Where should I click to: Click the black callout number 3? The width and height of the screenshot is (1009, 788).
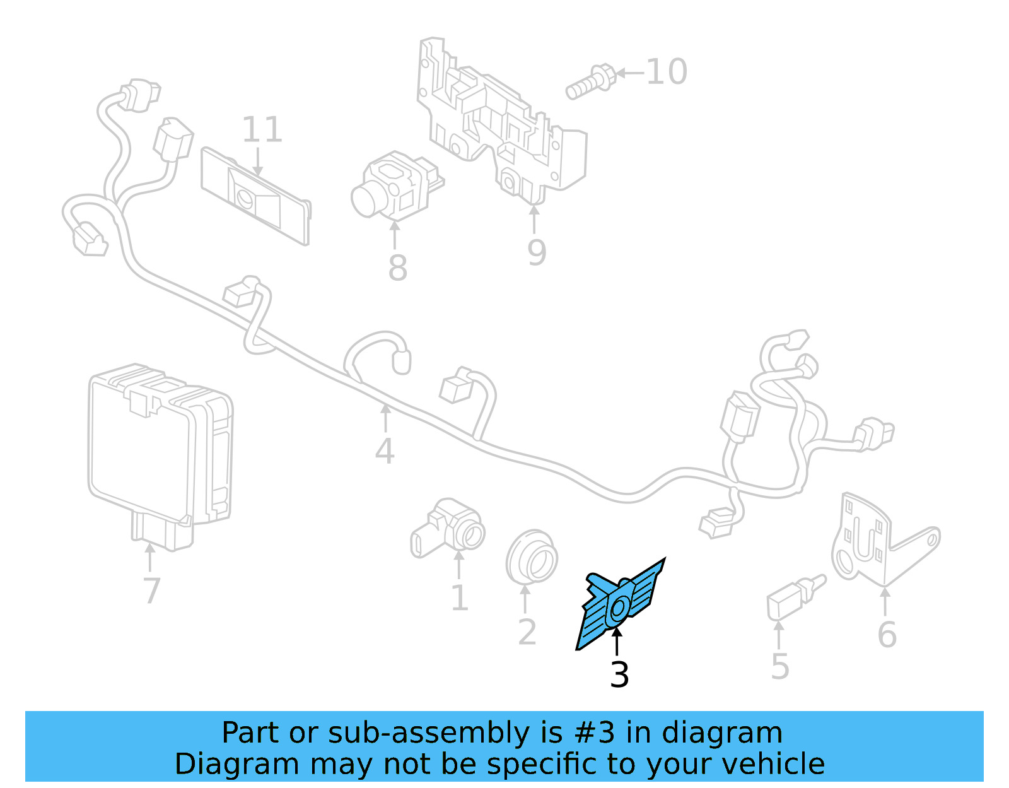(x=619, y=675)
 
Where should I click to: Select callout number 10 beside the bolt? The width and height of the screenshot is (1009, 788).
(x=667, y=72)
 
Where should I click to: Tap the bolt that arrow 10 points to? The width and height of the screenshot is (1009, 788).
(x=589, y=83)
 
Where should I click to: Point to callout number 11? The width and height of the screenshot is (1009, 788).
(x=262, y=130)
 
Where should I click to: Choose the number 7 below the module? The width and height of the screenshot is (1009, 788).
(x=151, y=591)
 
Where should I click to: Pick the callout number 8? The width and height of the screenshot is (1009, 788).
(x=397, y=268)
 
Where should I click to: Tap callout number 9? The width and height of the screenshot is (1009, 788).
(x=537, y=252)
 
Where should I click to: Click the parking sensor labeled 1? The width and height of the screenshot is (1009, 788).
(x=448, y=530)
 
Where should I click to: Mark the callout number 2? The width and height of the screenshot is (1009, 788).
(x=527, y=632)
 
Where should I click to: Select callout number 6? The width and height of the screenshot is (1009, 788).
(x=887, y=635)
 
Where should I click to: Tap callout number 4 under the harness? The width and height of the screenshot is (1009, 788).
(x=385, y=452)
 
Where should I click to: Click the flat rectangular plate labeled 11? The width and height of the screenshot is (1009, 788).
(x=255, y=196)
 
